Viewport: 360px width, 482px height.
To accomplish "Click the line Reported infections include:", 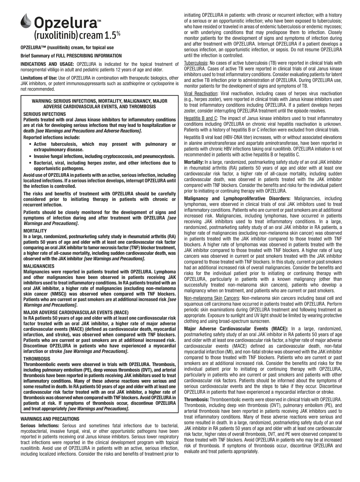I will pos(52,137).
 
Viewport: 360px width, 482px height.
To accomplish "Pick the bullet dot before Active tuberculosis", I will pos(31,144).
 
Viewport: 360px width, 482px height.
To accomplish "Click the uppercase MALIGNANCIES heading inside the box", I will pos(39,266).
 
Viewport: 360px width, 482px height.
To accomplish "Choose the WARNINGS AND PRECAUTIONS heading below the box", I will pos(50,419).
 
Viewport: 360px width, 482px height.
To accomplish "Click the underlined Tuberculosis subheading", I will pos(196,63).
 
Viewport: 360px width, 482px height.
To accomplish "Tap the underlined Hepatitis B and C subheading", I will pos(200,119).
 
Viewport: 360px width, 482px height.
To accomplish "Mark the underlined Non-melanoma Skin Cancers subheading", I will pos(211,298).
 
